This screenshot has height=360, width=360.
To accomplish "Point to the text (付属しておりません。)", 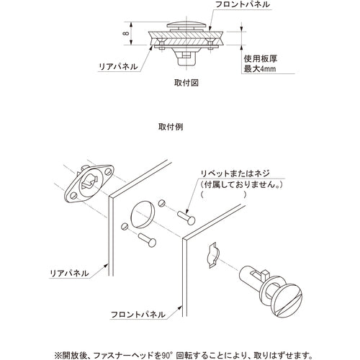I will tap(238, 184).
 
